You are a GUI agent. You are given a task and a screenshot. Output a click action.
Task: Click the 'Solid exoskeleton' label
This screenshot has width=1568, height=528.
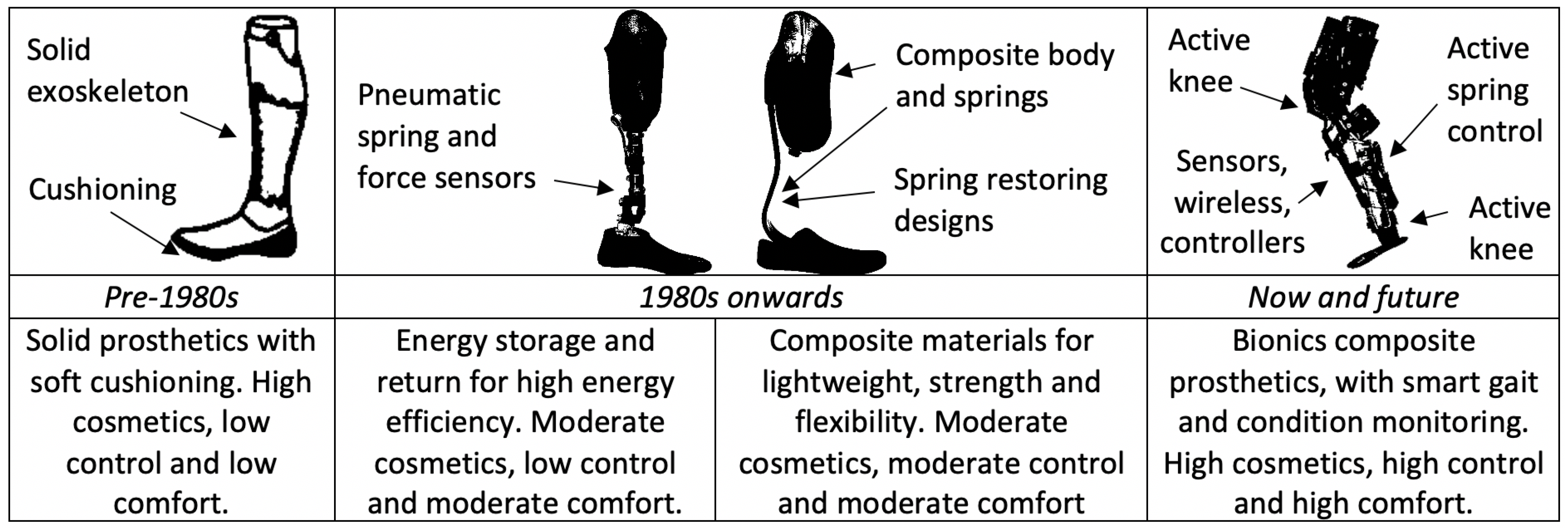[107, 70]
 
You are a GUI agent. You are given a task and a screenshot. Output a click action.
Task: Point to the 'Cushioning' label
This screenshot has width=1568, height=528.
[102, 190]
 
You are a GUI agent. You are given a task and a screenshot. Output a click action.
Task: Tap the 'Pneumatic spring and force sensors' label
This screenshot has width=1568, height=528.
[446, 136]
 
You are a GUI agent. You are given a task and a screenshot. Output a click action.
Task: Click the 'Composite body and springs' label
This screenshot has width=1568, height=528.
[1004, 75]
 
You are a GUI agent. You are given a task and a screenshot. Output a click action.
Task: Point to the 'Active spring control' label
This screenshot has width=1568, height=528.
[1494, 90]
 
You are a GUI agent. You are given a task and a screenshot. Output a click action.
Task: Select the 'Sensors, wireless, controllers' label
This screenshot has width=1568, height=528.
[1232, 202]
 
